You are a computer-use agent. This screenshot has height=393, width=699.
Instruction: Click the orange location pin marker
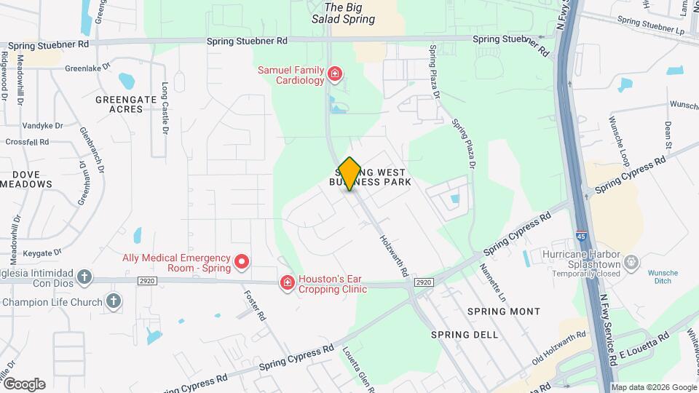coord(349,173)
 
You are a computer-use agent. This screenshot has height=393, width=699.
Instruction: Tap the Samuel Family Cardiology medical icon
coord(334,73)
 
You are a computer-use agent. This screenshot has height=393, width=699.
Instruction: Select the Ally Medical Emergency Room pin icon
coord(242,261)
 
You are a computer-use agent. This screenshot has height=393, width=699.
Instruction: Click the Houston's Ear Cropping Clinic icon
coord(288,282)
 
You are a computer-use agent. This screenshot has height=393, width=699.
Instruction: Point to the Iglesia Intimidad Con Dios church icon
coord(84,277)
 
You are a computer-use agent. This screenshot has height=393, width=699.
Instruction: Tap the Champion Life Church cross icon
coord(113,301)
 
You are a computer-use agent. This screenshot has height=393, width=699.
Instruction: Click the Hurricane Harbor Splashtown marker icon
coord(631,261)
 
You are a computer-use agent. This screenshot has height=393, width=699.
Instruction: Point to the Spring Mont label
coord(504,311)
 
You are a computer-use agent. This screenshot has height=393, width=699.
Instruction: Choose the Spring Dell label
coord(465,335)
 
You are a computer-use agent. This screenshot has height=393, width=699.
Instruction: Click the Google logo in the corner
coord(24,384)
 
